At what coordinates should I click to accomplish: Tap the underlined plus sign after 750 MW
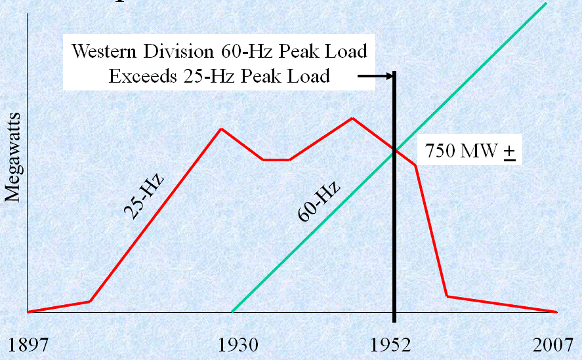(x=509, y=151)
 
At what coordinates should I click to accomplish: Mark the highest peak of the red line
(x=353, y=118)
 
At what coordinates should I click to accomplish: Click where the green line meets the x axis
(x=232, y=311)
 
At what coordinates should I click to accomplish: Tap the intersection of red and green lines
(x=394, y=150)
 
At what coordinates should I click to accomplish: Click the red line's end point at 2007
(x=556, y=311)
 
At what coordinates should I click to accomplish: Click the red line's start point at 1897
(x=28, y=311)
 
